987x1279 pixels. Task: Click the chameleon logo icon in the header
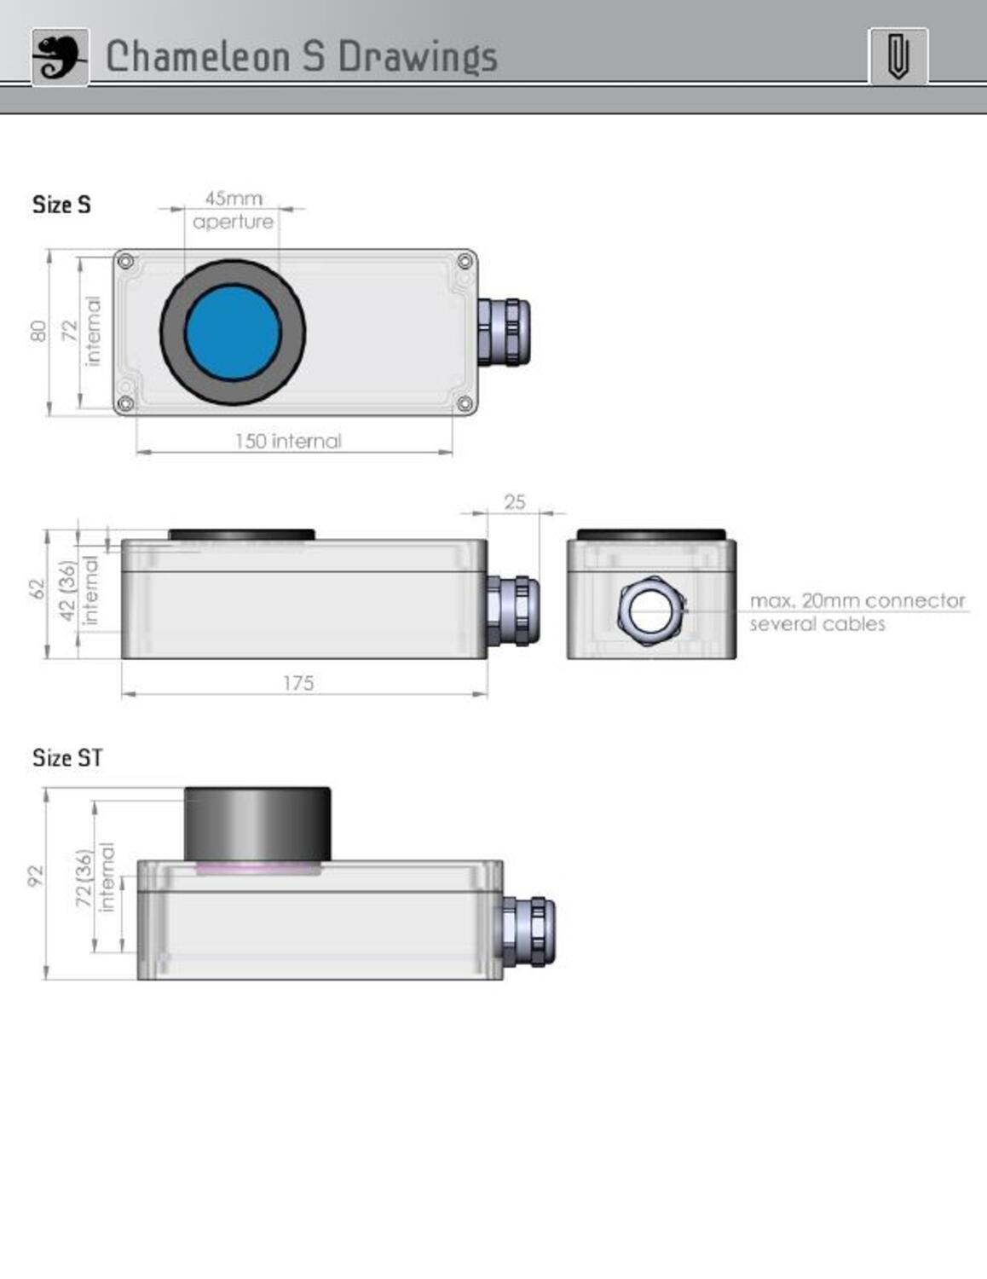(60, 57)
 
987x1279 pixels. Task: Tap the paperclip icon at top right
(898, 57)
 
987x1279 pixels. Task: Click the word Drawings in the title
(417, 57)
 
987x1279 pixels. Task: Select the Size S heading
(61, 205)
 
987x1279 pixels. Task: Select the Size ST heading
(67, 758)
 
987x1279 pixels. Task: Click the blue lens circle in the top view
(233, 333)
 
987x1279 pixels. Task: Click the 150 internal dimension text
(288, 441)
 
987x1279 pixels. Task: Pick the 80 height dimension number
(38, 331)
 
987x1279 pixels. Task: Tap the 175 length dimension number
(298, 683)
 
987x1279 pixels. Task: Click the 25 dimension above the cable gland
(514, 502)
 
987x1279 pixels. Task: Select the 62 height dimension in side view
(36, 588)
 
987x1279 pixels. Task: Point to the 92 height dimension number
(35, 876)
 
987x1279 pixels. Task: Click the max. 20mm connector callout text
(857, 601)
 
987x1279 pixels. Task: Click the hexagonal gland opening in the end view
(651, 609)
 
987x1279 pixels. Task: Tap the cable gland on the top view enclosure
(504, 331)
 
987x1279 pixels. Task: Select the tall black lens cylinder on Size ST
(257, 824)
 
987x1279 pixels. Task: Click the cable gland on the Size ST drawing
(528, 931)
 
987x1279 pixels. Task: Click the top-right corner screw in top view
(465, 260)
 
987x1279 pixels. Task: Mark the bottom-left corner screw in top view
(125, 403)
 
